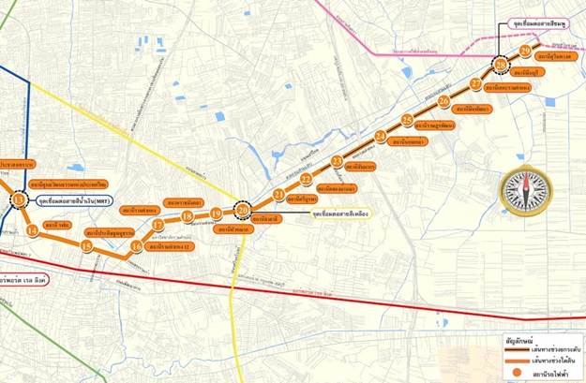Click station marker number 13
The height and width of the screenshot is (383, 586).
coord(19,200)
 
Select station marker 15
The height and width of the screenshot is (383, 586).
coord(86,246)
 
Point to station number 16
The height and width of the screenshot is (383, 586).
coord(137,246)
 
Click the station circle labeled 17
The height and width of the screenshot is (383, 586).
coord(158,225)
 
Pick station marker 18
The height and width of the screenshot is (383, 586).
coord(188,217)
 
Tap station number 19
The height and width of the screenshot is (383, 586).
coord(217,214)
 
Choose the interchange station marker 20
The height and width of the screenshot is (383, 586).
coord(244,210)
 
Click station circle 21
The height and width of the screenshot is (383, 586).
coord(278,194)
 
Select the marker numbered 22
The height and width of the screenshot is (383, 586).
coord(306,179)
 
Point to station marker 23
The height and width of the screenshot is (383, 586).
coord(337,161)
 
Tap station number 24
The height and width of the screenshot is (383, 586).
coord(380,137)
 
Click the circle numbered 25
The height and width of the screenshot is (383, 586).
coord(406,120)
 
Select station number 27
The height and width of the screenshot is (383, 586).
coord(476,83)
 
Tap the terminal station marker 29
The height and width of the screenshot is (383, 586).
coord(525,50)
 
